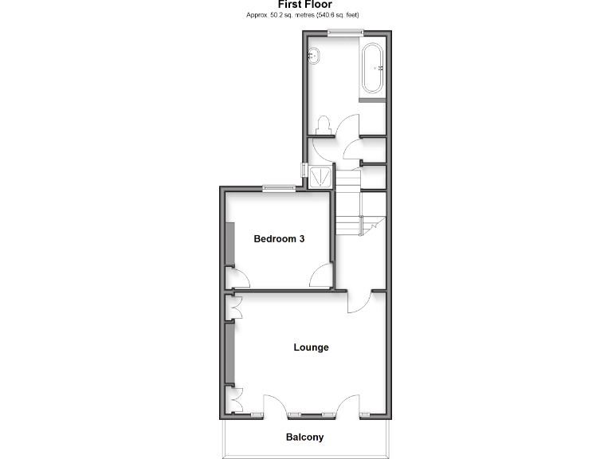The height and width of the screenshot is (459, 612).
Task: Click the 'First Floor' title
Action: [x=305, y=5]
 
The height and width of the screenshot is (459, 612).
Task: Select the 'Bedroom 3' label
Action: [x=279, y=238]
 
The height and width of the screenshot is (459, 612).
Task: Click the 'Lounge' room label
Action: [x=311, y=347]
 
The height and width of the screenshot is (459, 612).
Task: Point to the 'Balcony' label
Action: [x=305, y=437]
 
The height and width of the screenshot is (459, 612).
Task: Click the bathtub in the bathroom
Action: [x=373, y=69]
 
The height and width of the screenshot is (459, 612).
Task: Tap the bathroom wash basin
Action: [x=316, y=56]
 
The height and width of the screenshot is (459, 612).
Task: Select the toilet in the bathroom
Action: [x=324, y=126]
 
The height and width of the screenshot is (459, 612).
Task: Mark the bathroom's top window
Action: [x=345, y=32]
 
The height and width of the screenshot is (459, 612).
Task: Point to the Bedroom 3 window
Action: [x=279, y=188]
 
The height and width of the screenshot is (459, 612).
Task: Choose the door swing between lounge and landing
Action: [x=359, y=302]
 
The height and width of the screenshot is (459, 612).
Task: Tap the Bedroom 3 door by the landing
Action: [x=321, y=276]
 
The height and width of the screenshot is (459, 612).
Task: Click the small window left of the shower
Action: [x=304, y=170]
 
